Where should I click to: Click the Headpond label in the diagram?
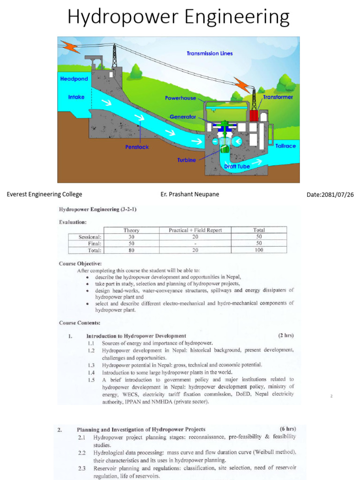tap(74, 79)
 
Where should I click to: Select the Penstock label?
tap(137, 147)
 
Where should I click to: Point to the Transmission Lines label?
tap(210, 53)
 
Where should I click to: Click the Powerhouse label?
tap(180, 98)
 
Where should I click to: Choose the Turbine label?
tap(186, 160)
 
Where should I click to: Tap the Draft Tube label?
tap(237, 166)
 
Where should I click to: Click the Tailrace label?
tap(285, 146)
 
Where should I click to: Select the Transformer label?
tap(278, 97)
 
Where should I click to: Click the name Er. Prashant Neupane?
tap(189, 195)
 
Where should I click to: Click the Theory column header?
tap(131, 230)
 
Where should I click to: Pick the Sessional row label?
tap(90, 237)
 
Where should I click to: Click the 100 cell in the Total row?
tap(259, 250)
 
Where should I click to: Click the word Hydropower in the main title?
tap(123, 18)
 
